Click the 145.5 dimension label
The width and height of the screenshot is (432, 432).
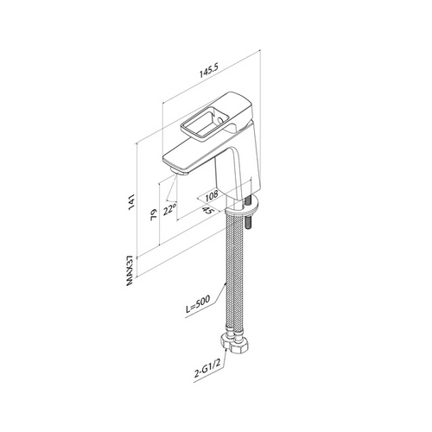pyautogui.click(x=210, y=71)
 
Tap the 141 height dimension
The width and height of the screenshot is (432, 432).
pyautogui.click(x=131, y=202)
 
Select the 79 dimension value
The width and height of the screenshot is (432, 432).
pyautogui.click(x=154, y=214)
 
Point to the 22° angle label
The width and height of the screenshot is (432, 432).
pyautogui.click(x=169, y=209)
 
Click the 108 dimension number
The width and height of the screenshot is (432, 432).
pyautogui.click(x=212, y=196)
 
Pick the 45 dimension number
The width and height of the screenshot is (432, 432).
pyautogui.click(x=209, y=211)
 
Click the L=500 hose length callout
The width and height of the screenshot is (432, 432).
pyautogui.click(x=199, y=304)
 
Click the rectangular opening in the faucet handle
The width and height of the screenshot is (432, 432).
pyautogui.click(x=198, y=123)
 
